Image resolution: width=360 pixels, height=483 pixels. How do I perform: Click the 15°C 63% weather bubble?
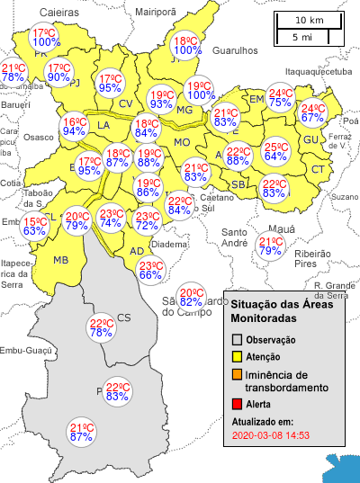coord(35,226)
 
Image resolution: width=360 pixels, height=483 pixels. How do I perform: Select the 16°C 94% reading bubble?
coord(74,126)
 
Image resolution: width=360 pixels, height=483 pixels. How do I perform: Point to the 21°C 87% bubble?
coord(82,432)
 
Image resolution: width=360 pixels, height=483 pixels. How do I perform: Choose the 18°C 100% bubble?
coord(184,46)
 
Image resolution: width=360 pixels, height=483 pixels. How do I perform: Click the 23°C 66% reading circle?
coord(149,270)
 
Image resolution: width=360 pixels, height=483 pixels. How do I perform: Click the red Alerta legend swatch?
coord(238,404)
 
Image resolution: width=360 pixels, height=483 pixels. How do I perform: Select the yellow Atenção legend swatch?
coord(238,357)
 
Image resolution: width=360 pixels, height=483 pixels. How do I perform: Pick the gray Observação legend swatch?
coord(238,340)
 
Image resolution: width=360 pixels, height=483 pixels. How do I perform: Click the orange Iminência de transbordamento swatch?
coord(238,374)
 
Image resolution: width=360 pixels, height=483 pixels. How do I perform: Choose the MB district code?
coord(60,260)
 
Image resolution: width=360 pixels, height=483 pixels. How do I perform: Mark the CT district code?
coord(318,169)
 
